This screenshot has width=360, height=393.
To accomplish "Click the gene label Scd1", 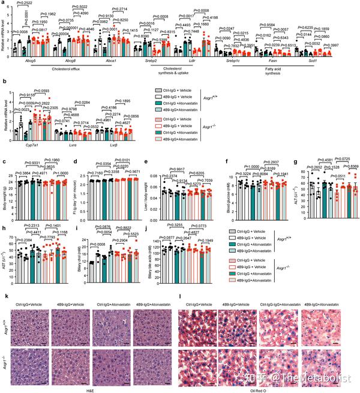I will click(x=328, y=61).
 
